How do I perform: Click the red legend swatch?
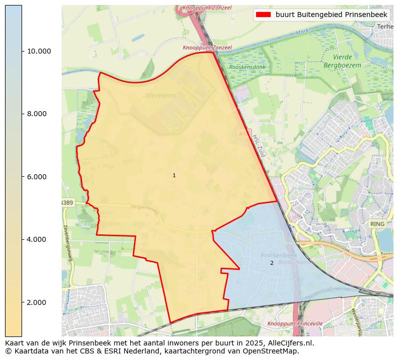click(263, 15)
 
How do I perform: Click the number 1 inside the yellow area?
click(174, 175)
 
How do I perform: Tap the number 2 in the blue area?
click(272, 263)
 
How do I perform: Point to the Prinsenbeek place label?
click(279, 255)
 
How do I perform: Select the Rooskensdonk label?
click(247, 67)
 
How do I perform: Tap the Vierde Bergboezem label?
click(342, 61)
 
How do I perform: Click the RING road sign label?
click(377, 224)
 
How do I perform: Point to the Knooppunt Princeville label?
click(295, 324)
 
